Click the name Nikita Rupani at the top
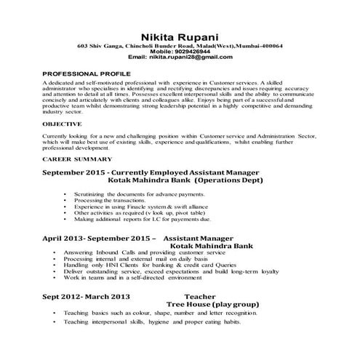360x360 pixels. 180,37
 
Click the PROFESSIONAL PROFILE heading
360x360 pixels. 87,73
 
